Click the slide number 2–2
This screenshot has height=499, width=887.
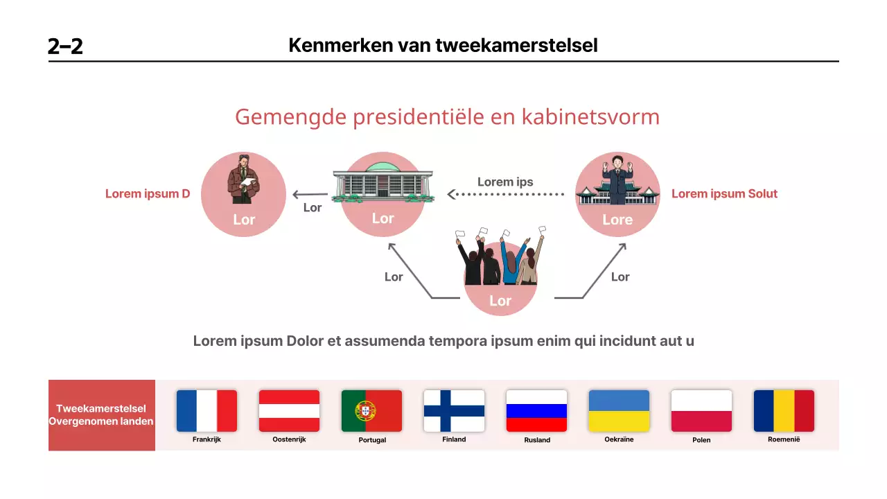click(65, 46)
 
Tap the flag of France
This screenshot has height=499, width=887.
click(207, 411)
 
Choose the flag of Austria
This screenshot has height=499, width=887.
click(289, 411)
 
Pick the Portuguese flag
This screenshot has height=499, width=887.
click(371, 411)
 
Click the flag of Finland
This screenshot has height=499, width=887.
click(454, 411)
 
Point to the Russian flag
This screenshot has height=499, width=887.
click(536, 411)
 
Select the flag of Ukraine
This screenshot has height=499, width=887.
click(619, 411)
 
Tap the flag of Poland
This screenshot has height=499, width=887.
click(701, 411)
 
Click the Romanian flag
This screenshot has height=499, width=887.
click(784, 411)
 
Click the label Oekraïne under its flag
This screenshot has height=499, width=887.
click(619, 439)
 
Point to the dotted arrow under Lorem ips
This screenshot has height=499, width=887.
click(506, 195)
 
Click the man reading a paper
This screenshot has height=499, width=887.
click(243, 183)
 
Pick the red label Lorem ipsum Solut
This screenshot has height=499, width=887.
click(724, 194)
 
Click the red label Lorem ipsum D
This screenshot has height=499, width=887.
click(148, 194)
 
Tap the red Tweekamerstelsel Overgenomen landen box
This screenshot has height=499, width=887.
click(101, 415)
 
